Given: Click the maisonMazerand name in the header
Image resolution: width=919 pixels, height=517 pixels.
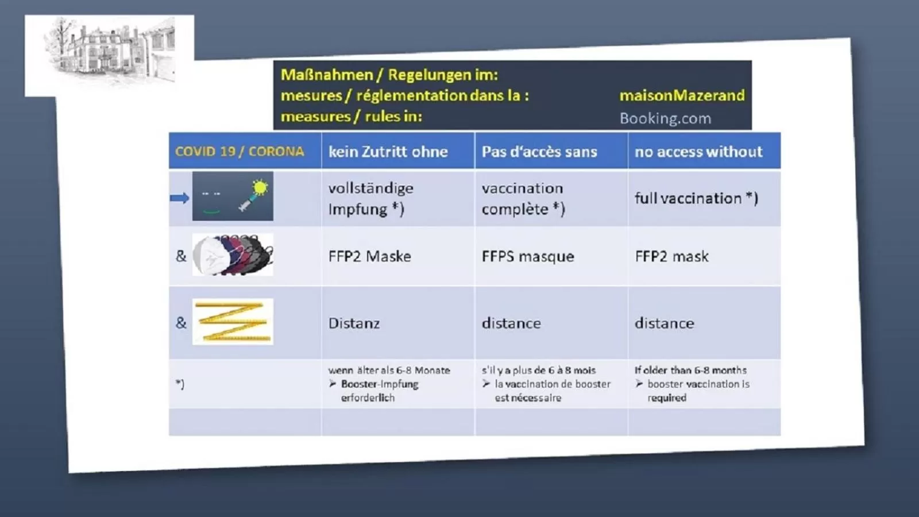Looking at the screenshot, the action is pyautogui.click(x=682, y=95).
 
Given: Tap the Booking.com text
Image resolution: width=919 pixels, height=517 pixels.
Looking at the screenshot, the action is pyautogui.click(x=665, y=118).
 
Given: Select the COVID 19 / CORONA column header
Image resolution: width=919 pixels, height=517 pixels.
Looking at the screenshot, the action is pyautogui.click(x=240, y=152).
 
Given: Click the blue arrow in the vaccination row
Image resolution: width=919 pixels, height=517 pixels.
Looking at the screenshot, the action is pyautogui.click(x=180, y=198).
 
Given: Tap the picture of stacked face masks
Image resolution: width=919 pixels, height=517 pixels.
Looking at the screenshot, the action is pyautogui.click(x=233, y=255).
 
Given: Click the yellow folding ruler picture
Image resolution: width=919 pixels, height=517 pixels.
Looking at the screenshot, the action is pyautogui.click(x=233, y=322).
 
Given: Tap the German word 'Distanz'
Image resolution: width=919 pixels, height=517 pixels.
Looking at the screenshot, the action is pyautogui.click(x=354, y=323).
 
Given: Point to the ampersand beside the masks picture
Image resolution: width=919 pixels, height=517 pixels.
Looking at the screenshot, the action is pyautogui.click(x=181, y=256).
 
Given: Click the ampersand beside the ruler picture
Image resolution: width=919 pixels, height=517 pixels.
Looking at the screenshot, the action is pyautogui.click(x=181, y=323).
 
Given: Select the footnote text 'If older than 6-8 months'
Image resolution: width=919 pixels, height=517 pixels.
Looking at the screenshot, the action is pyautogui.click(x=690, y=370).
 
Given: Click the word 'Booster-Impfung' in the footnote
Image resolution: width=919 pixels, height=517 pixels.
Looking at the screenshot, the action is pyautogui.click(x=380, y=384).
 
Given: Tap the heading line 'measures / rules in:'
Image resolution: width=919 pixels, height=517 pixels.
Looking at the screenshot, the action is pyautogui.click(x=351, y=117).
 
